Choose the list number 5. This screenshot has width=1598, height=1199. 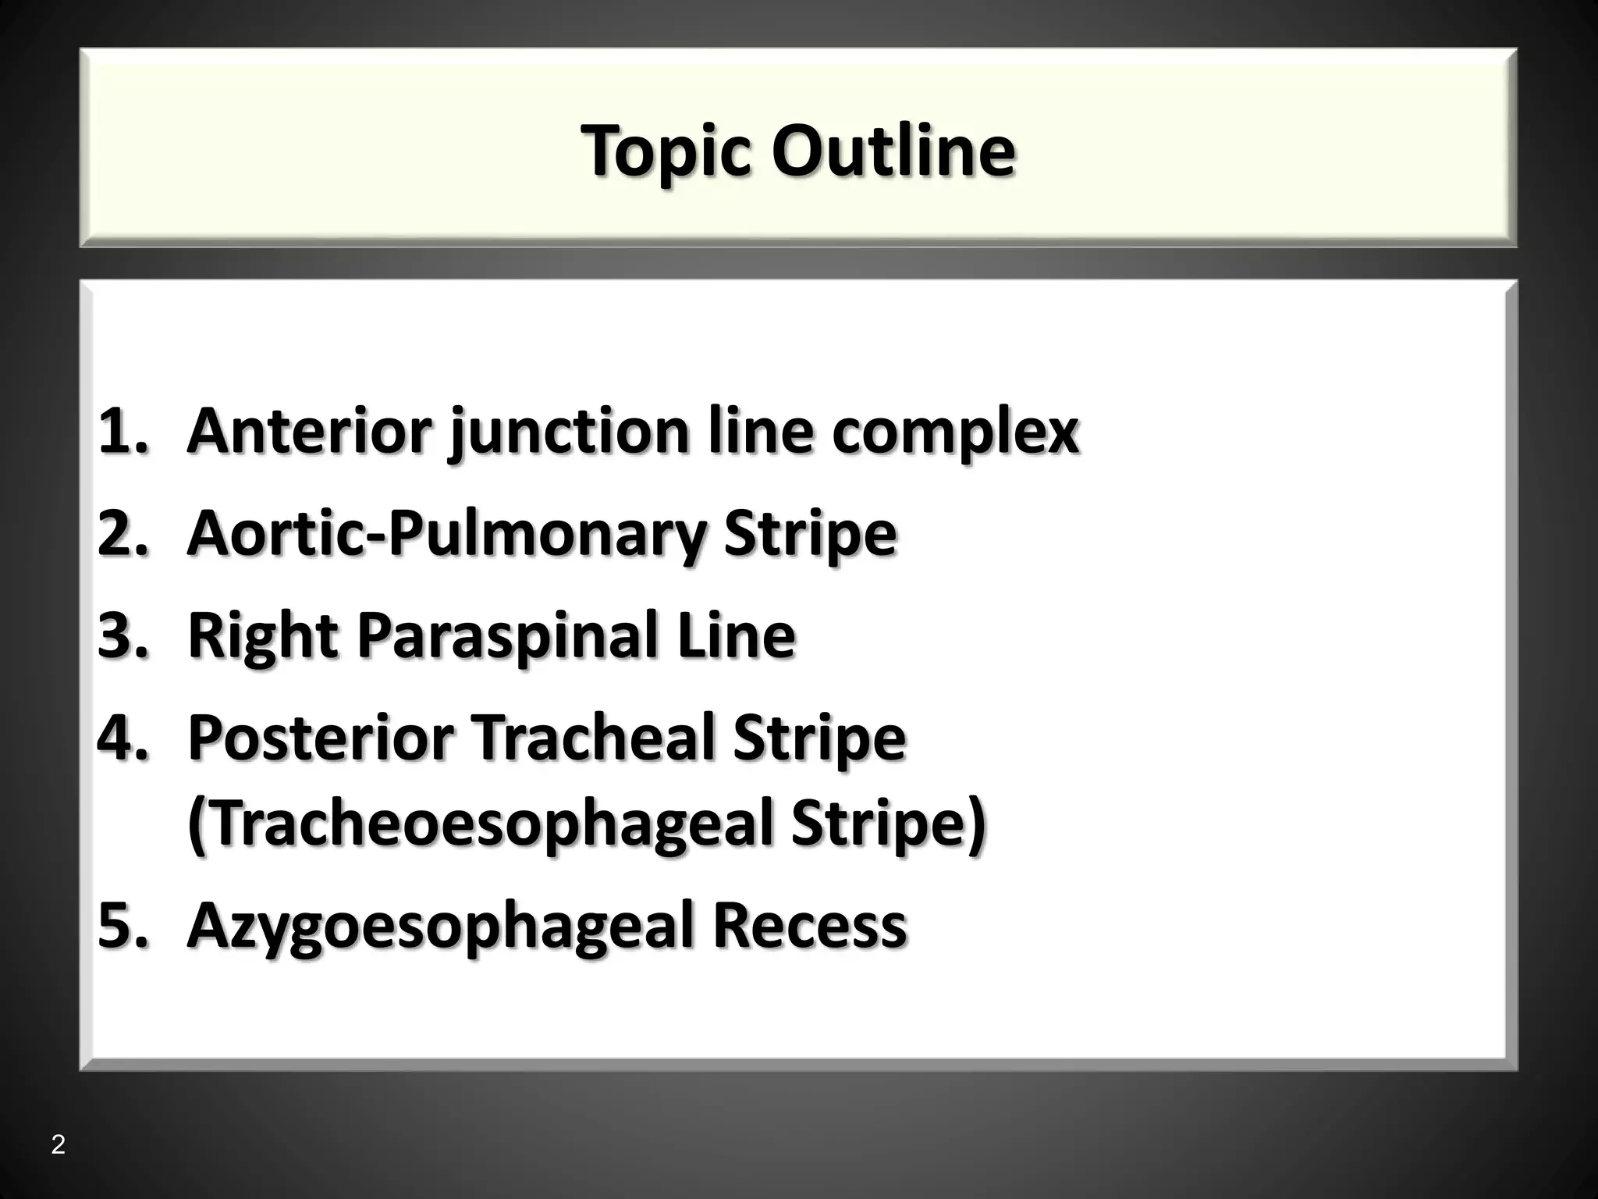tap(122, 924)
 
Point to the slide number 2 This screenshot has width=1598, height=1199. tap(58, 1145)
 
